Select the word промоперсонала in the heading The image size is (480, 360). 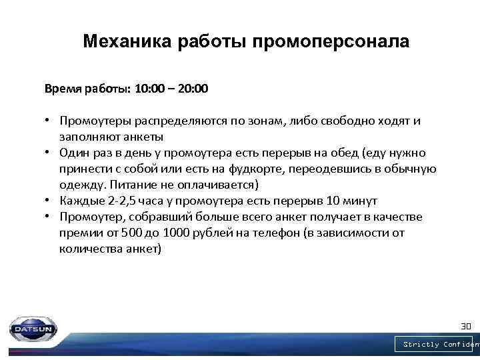click(x=331, y=42)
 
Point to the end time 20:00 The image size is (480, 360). click(x=194, y=88)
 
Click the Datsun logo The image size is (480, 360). click(x=33, y=329)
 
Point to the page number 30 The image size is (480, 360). click(x=466, y=327)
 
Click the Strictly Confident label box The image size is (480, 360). click(x=437, y=345)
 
